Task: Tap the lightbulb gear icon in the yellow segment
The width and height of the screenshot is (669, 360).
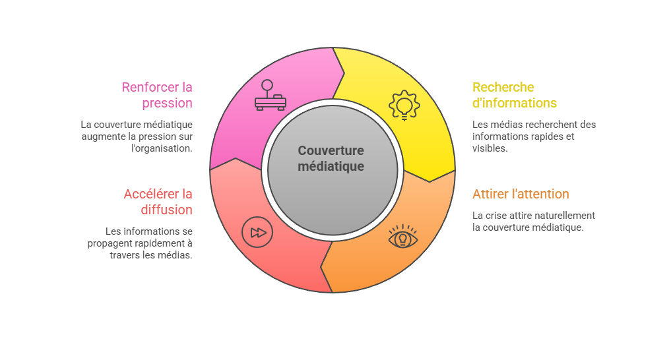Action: click(404, 105)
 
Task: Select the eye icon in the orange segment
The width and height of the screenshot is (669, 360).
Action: click(402, 236)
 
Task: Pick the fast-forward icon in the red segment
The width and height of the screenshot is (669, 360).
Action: click(257, 233)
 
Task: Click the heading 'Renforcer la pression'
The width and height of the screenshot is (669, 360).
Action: click(157, 95)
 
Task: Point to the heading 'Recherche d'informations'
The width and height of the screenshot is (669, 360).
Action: click(515, 95)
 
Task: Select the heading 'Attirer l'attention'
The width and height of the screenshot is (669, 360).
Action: click(521, 194)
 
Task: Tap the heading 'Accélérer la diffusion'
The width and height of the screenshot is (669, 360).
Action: click(158, 202)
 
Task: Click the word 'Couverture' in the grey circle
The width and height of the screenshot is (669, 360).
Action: click(331, 150)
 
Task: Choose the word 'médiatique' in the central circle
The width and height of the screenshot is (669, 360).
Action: click(331, 166)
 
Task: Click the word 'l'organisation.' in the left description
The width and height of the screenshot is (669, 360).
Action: click(162, 148)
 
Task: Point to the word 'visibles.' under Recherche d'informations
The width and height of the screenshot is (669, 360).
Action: click(490, 148)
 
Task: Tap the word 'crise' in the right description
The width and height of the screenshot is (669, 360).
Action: click(495, 216)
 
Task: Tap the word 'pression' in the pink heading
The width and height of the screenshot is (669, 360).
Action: click(168, 104)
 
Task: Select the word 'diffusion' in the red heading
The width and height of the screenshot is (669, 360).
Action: click(166, 210)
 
